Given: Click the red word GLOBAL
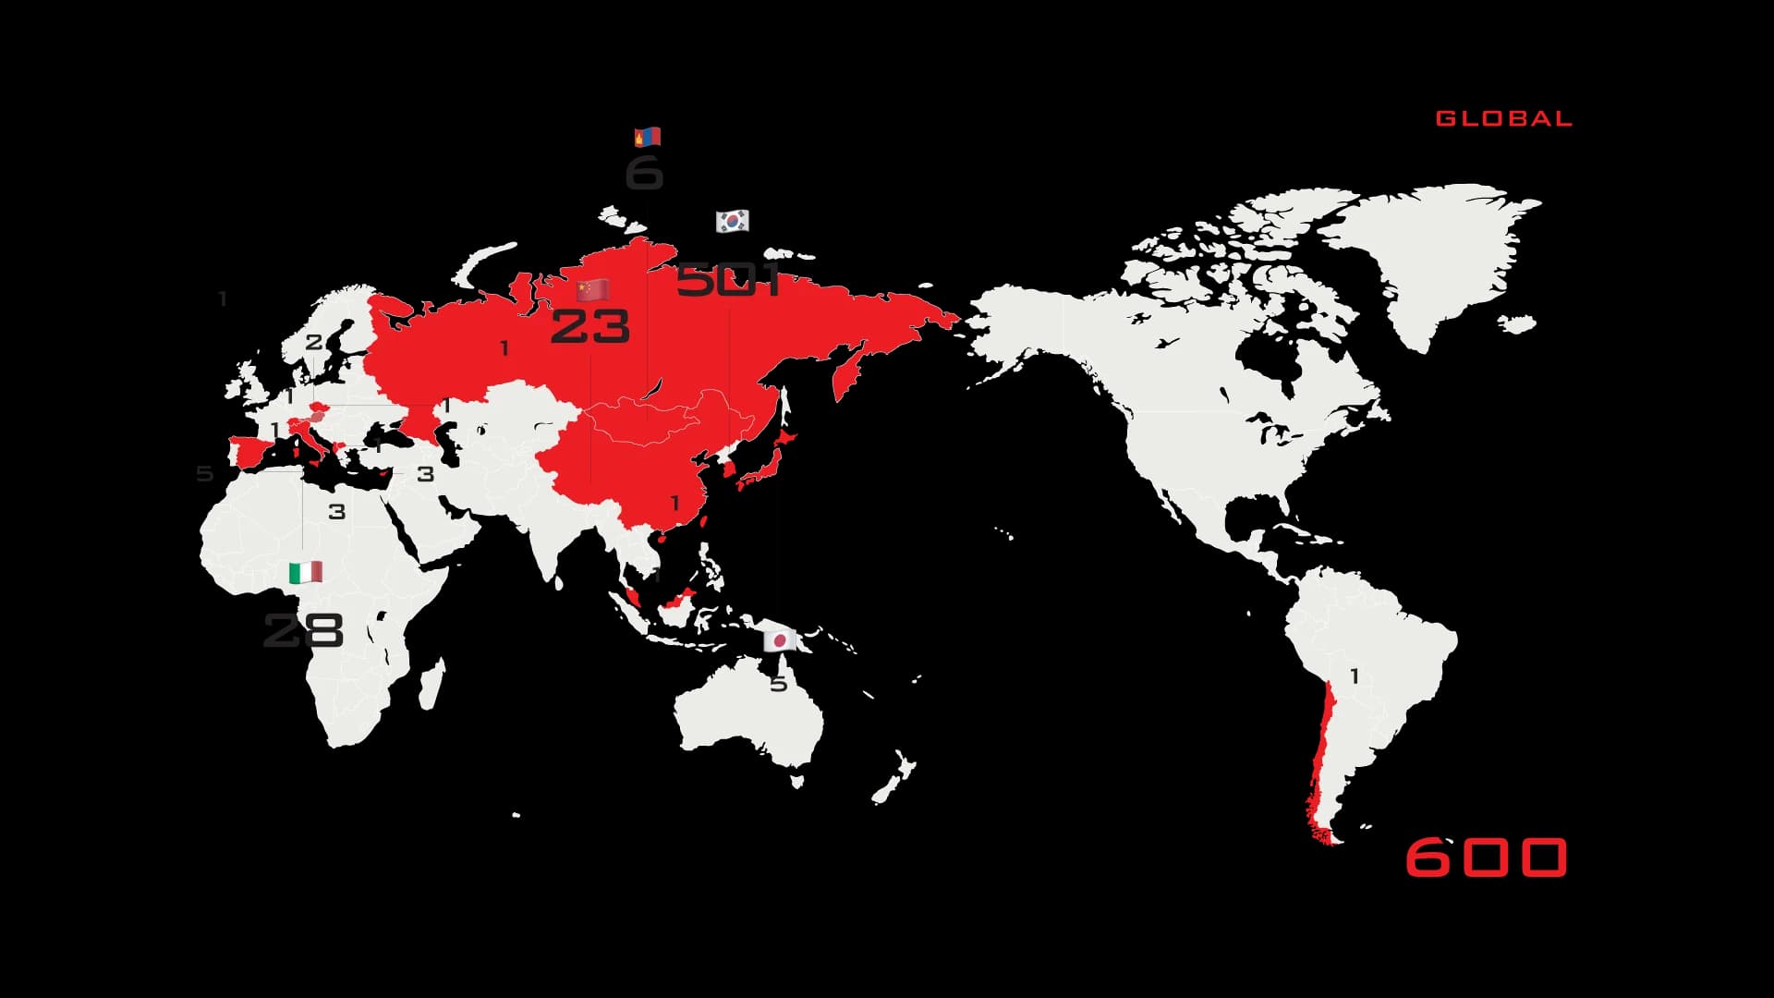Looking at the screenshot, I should coord(1503,118).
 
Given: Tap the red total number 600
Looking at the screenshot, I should coord(1486,857).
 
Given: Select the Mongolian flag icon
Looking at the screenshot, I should coord(647,138).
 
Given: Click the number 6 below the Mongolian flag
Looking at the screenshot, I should coord(644,173).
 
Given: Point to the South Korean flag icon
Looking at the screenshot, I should coord(732,221).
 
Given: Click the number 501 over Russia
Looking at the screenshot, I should coord(729,279).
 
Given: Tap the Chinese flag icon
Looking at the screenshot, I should coord(592,290).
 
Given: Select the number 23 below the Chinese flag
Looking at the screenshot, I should coord(590,327).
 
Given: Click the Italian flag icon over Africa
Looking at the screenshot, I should coord(305,573).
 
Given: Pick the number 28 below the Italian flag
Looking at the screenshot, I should coord(303,630).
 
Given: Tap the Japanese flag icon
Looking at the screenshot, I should coord(779,640).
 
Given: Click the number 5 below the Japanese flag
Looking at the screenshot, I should coord(779,684).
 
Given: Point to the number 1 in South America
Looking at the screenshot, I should coord(1355,676).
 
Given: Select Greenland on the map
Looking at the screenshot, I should coord(1423,259).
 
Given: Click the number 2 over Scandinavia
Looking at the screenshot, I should coord(314,342).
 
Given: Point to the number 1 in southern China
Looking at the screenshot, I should coord(674,503).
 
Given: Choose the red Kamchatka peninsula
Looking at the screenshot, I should coord(845,374).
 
